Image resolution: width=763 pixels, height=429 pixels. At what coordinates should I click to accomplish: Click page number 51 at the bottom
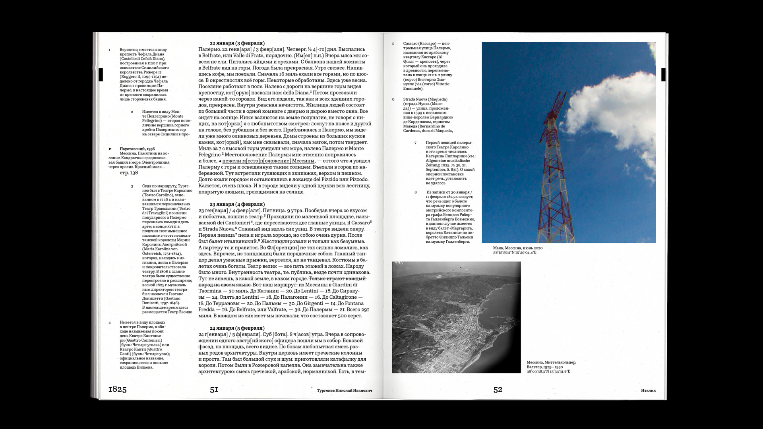coord(214,390)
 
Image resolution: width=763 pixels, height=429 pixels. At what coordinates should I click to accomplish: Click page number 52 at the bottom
coord(498,390)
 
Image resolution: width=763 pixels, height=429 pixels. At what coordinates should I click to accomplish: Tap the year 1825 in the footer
coord(117,389)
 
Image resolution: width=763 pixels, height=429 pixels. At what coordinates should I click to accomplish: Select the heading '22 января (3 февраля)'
coord(237,43)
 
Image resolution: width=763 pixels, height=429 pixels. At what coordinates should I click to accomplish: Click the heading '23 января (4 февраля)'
coord(237,204)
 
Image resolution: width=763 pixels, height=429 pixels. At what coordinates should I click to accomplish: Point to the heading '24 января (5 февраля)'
coord(237,328)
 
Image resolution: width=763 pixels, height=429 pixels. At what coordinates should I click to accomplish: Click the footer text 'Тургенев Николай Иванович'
coord(344,390)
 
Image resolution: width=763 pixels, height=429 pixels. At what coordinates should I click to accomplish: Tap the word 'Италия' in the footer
coord(648,390)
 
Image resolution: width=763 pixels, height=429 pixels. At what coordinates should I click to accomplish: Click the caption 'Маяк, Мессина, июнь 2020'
coord(517,248)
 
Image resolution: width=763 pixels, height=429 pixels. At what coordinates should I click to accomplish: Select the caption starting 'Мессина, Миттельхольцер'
coord(551,362)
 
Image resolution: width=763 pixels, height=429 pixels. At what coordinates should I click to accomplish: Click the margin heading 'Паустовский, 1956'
coord(137,149)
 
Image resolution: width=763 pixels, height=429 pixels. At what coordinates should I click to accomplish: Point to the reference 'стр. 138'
coord(129,173)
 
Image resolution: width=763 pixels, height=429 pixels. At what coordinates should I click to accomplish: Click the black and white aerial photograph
coord(456,317)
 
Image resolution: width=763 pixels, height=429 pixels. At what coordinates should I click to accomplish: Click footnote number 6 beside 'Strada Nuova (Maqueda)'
coord(393,99)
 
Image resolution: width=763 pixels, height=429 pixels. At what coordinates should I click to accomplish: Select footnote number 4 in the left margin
coord(110,323)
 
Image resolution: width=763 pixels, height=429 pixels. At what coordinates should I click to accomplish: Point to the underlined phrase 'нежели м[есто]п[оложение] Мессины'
coord(268,161)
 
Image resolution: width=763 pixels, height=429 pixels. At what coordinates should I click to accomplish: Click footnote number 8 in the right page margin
coord(416,192)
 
